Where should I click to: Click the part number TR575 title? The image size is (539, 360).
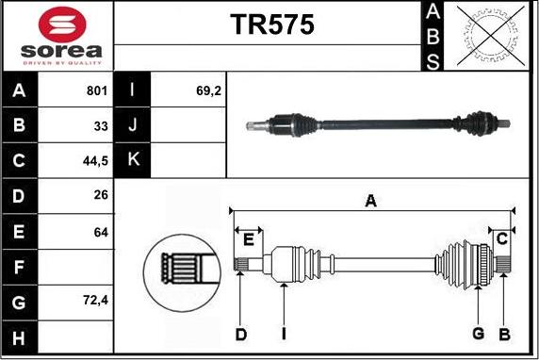(x=272, y=25)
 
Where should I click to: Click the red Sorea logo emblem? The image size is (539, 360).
(x=62, y=25)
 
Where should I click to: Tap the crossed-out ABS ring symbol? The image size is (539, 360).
(x=491, y=36)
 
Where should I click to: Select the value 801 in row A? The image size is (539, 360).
(x=97, y=90)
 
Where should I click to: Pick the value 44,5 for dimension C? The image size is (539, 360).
(x=95, y=161)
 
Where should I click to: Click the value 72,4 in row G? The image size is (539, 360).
(x=95, y=301)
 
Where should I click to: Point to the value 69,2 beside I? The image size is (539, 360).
(x=208, y=90)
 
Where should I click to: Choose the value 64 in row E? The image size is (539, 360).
(x=101, y=233)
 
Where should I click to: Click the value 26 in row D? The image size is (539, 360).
(x=101, y=195)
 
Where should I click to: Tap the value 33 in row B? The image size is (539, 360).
(x=101, y=126)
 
